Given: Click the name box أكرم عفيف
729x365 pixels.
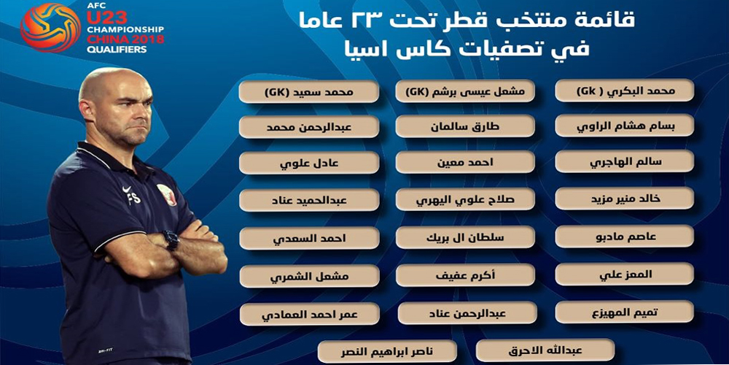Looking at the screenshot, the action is tap(465, 275).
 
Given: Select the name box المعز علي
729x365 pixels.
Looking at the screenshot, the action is tap(625, 274).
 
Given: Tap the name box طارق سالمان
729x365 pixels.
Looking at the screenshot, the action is tap(465, 126).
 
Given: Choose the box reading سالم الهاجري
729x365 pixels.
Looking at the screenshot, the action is tap(625, 161).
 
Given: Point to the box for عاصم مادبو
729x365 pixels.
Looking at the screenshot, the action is tap(625, 236).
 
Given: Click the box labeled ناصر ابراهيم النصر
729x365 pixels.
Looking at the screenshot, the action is tap(388, 351).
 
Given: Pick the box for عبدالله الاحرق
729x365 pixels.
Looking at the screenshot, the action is tap(545, 350).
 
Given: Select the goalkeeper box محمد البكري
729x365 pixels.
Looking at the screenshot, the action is tap(625, 91).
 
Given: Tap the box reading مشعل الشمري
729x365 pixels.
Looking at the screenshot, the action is tap(310, 276).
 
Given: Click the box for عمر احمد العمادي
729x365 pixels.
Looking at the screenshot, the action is tap(310, 314).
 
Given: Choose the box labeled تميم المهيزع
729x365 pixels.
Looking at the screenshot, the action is tap(625, 312).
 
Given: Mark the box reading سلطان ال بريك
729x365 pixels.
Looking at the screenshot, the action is tap(465, 237).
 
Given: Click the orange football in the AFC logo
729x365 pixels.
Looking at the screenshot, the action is tap(44, 27).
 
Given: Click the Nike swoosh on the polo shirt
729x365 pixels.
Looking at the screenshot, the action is tap(128, 190).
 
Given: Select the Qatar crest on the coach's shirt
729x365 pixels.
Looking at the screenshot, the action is tap(166, 195).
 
